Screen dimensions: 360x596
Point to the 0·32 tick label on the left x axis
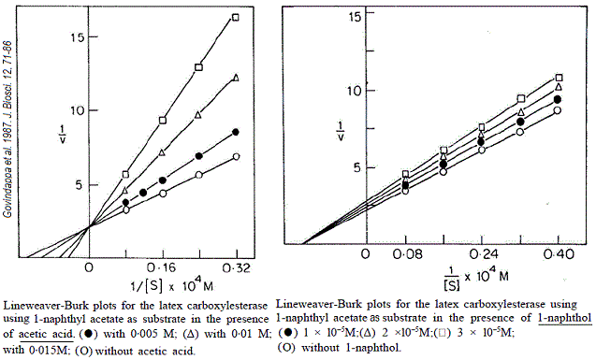tap(237, 266)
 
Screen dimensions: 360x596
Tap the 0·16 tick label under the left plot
tap(164, 266)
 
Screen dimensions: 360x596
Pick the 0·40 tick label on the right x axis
tap(560, 254)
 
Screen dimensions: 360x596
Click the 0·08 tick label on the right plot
tap(404, 254)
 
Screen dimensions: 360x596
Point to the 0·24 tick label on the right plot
tap(482, 254)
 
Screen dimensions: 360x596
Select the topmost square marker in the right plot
tap(560, 78)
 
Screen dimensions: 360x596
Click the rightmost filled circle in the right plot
tap(559, 99)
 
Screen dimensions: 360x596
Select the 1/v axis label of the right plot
tap(342, 132)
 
